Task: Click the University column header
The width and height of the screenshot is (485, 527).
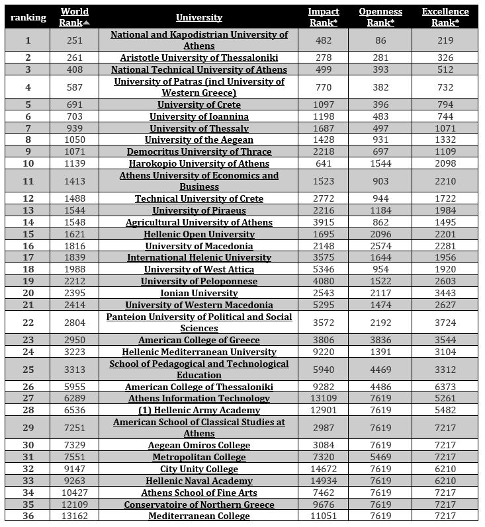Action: (x=199, y=18)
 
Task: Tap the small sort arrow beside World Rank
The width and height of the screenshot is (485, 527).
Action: (x=87, y=23)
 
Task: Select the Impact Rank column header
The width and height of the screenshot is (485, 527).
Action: (x=324, y=17)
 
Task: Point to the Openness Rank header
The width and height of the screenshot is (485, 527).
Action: (x=376, y=17)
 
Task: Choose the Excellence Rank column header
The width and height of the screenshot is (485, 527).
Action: (x=445, y=17)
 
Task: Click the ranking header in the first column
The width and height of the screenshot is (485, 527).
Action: (x=28, y=18)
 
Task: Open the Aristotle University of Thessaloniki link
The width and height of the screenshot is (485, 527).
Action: (x=199, y=58)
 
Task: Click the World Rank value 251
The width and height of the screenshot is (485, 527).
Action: (x=75, y=40)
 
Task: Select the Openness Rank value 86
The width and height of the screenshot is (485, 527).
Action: (x=376, y=40)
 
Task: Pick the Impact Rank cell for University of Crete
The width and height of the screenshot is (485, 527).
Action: (x=324, y=105)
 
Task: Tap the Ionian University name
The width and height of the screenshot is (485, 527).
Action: (x=199, y=294)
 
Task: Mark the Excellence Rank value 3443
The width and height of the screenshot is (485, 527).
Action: (x=445, y=294)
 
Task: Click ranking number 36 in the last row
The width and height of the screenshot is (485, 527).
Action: (x=28, y=516)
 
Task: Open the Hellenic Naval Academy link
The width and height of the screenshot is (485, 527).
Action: (x=199, y=481)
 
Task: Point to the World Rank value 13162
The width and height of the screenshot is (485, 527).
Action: (x=75, y=516)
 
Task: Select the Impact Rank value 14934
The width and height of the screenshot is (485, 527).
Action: (x=324, y=481)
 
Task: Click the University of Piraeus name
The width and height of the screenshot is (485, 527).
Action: (x=199, y=211)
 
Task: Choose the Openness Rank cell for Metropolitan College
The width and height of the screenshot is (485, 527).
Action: (x=376, y=458)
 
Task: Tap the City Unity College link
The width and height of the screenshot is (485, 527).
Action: (x=199, y=469)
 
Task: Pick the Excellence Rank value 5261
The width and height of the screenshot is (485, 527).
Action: (x=445, y=399)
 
